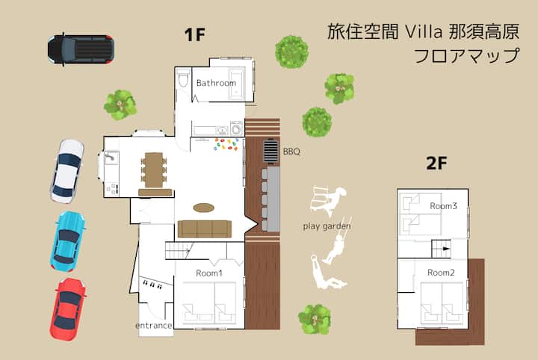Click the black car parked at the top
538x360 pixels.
click(x=81, y=50)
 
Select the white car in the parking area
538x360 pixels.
click(x=67, y=172)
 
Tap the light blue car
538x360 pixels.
click(x=67, y=241)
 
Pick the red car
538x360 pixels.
click(x=67, y=309)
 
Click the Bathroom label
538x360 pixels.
click(x=216, y=83)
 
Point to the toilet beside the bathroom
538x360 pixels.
click(x=183, y=78)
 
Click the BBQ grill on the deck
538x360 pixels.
click(x=271, y=151)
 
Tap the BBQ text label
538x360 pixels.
click(x=291, y=151)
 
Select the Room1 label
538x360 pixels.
click(x=209, y=273)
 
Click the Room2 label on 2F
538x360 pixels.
click(x=441, y=273)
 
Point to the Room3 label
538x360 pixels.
click(x=443, y=205)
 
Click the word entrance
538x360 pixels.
click(x=153, y=326)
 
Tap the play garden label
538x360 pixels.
click(x=327, y=226)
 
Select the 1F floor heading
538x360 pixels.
click(x=194, y=34)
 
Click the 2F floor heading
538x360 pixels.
click(x=436, y=164)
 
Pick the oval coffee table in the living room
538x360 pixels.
click(x=204, y=208)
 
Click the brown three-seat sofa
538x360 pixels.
click(x=205, y=229)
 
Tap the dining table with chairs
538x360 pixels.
click(x=154, y=170)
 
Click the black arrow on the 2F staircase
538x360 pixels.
click(x=445, y=249)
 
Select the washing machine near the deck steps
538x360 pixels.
click(x=236, y=128)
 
